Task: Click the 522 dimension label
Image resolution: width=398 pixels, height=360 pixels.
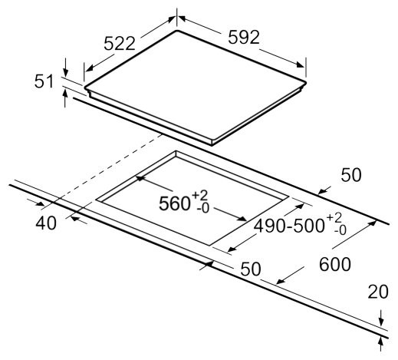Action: pos(120,44)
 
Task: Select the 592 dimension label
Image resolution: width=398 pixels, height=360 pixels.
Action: pos(244,37)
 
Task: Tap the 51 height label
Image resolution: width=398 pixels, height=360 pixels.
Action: pos(44,81)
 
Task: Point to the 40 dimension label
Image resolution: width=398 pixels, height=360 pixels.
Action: pos(46,223)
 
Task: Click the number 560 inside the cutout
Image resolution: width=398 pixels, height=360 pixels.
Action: pos(174,203)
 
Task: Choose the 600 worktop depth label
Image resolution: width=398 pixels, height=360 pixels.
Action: pos(335,264)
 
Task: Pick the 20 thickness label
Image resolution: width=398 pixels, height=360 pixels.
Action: pos(378,292)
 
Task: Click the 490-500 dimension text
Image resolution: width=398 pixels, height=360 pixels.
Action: pos(289,226)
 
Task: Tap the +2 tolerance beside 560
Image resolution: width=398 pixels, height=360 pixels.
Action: pos(200,196)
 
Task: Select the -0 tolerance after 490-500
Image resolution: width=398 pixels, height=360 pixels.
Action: pos(340,230)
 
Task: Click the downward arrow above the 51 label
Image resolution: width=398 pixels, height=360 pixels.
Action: pos(65,68)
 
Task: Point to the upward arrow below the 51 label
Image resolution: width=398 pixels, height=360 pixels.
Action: pos(65,98)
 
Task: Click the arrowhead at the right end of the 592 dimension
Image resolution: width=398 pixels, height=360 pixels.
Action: pos(301,64)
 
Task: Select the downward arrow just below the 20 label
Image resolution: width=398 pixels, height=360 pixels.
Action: pos(381,319)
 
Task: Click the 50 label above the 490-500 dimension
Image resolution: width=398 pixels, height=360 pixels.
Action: pos(351,175)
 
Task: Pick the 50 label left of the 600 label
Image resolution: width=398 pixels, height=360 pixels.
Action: pos(251,269)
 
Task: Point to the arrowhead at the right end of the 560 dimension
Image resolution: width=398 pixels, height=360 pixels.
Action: pos(242,218)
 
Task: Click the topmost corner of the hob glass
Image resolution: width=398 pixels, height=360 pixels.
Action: pos(176,31)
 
